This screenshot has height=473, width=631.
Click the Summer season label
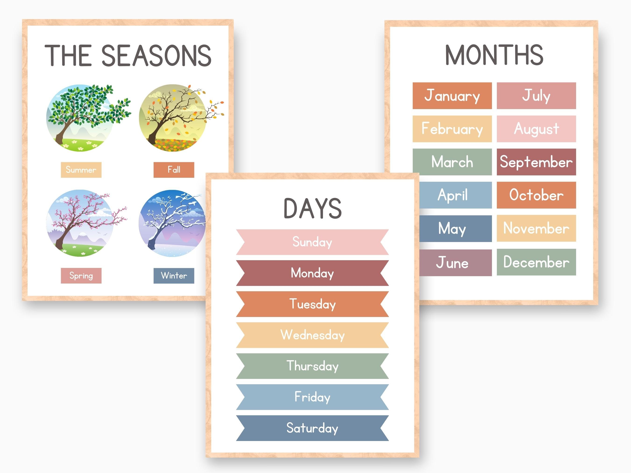click(x=81, y=170)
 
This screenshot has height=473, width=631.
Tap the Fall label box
click(x=174, y=170)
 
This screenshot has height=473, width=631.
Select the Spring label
click(x=81, y=275)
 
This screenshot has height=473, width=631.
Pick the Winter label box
click(x=174, y=275)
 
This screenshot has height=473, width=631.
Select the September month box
click(x=536, y=162)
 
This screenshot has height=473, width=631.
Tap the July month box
click(x=536, y=96)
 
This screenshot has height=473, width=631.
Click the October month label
click(x=536, y=195)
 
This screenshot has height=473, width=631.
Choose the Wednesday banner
click(x=312, y=335)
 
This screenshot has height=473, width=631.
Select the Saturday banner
click(x=312, y=428)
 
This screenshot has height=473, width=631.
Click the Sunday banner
click(x=312, y=242)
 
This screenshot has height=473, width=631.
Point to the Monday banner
click(x=312, y=273)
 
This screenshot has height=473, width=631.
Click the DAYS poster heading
click(x=312, y=208)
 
